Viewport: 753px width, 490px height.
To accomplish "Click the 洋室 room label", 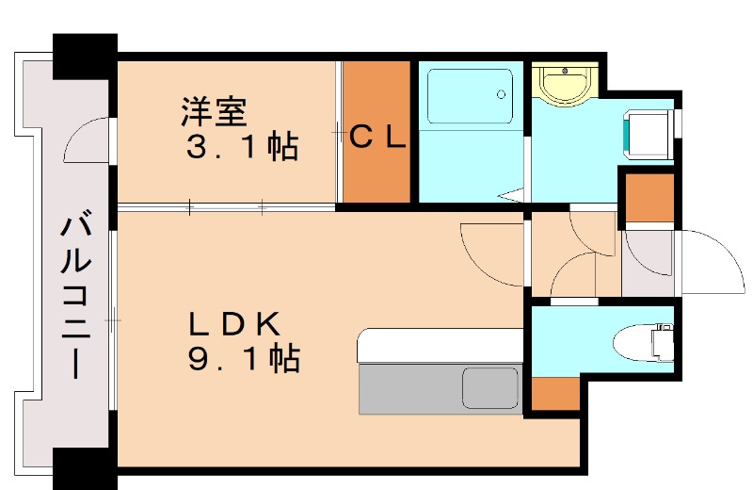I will point(215,112).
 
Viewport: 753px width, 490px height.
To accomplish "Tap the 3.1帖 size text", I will point(239,147).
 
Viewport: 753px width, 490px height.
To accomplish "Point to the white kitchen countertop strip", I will point(439,345).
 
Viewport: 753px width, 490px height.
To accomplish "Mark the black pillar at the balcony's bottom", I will point(85,468).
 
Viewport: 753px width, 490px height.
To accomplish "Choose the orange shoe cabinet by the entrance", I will point(649,198).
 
